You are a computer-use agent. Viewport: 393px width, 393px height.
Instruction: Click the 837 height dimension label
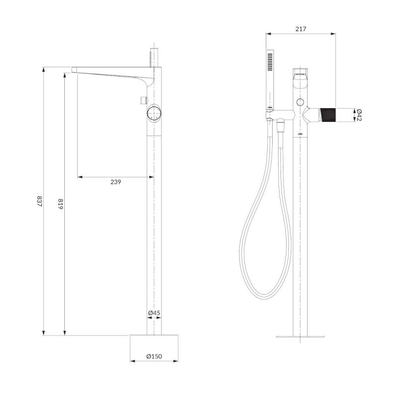tap(39, 201)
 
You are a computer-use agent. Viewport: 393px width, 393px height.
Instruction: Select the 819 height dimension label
tap(60, 204)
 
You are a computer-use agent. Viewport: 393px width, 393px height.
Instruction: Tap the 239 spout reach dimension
tap(116, 182)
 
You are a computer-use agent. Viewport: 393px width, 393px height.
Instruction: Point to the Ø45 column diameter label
tap(154, 312)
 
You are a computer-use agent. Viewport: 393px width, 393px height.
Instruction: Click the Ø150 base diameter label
tap(154, 356)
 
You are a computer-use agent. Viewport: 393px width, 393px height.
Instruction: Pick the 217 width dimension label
tap(301, 29)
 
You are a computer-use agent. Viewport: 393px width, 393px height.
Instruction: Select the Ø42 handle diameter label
tap(359, 115)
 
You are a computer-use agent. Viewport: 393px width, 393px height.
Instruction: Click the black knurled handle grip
tap(328, 115)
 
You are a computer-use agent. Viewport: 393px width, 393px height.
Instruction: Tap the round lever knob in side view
tap(154, 113)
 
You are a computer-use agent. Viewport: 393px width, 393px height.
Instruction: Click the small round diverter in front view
tap(300, 102)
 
